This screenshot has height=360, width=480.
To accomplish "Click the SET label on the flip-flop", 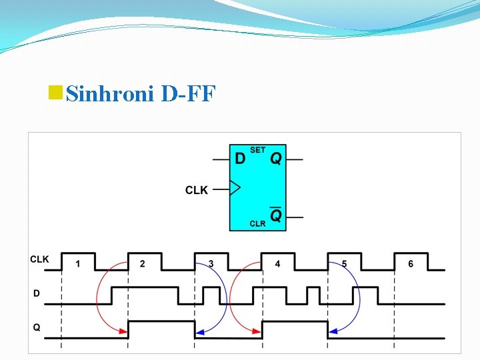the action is tap(257, 150).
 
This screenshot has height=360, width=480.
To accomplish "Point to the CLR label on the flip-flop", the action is tap(257, 224).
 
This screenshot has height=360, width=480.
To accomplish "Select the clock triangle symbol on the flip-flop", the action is tap(235, 188).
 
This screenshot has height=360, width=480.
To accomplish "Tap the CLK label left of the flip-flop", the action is tap(197, 190).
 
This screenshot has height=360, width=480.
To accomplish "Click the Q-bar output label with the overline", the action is tap(275, 215).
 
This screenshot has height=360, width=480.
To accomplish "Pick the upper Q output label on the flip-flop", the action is tap(275, 159).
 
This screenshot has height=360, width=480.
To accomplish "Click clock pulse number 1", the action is tap(77, 264).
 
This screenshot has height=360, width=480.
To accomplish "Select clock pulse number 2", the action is tap(142, 264).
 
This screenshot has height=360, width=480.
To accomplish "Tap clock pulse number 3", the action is tap(211, 264).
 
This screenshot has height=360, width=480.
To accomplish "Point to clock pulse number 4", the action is tap(277, 264).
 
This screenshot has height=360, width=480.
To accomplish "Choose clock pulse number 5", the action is tap(344, 264).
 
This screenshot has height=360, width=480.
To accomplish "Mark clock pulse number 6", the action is tap(411, 264).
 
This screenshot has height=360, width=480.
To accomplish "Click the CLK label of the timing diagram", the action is tap(39, 259).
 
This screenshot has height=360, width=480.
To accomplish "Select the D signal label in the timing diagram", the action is tap(36, 293).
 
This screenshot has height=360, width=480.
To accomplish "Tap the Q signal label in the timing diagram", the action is tap(37, 327).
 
